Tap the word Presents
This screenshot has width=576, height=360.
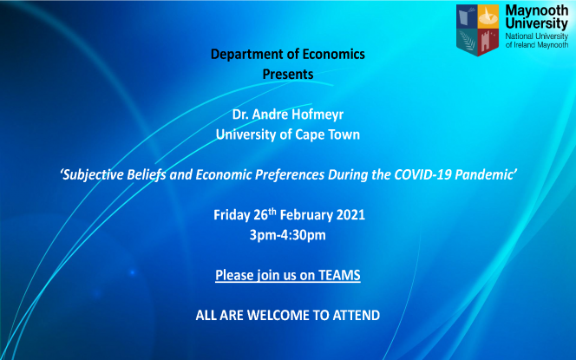(x=288, y=75)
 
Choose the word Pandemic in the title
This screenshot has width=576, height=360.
(x=484, y=174)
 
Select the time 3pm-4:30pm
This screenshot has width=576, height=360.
(x=288, y=235)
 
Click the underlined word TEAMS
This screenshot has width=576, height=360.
(x=339, y=275)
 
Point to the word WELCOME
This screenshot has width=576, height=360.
(x=278, y=315)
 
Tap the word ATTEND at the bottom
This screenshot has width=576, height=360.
(x=356, y=315)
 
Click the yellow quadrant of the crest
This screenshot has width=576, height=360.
(x=488, y=16)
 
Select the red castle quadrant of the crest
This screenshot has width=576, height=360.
(x=488, y=41)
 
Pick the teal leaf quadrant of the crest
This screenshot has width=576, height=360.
(x=468, y=41)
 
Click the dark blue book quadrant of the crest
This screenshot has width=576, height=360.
(x=467, y=16)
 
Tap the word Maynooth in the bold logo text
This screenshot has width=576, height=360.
(x=537, y=10)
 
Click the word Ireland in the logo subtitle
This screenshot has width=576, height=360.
(x=524, y=45)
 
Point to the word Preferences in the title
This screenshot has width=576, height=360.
(x=290, y=175)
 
